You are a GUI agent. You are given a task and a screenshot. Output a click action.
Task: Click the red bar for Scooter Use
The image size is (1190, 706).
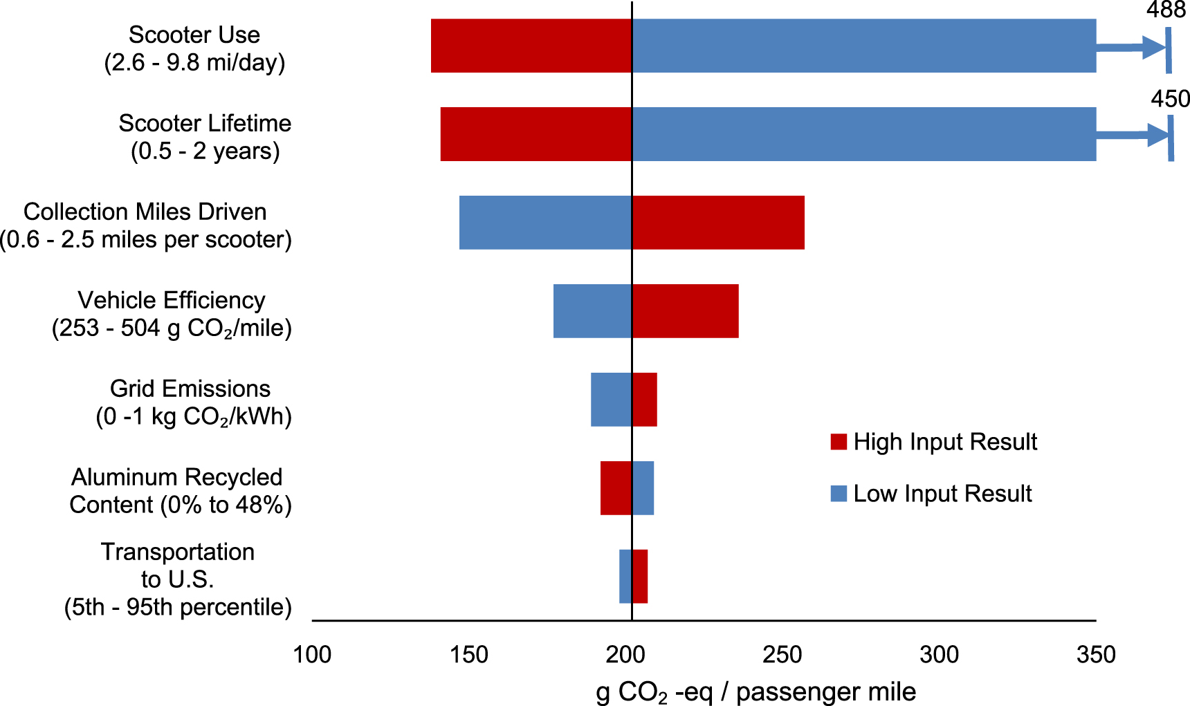click(x=531, y=46)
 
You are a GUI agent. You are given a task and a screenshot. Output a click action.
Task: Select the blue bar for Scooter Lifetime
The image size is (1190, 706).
click(x=863, y=134)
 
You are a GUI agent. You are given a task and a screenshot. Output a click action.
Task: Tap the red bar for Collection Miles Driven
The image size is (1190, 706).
click(x=718, y=223)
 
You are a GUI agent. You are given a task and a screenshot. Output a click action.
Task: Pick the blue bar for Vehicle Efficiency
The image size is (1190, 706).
click(x=592, y=311)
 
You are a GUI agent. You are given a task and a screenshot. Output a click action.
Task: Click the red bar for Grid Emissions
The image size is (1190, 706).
click(x=644, y=400)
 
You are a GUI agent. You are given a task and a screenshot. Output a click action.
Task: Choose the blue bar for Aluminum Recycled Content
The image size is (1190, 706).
click(x=643, y=488)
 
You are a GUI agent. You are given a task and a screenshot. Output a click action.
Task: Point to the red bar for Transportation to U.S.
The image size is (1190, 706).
click(x=640, y=577)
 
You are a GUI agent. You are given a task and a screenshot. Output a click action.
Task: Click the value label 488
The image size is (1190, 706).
click(x=1166, y=10)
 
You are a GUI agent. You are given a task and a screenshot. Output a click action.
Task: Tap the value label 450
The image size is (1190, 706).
click(x=1170, y=99)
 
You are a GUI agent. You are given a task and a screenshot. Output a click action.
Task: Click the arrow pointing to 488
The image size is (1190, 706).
click(x=1132, y=48)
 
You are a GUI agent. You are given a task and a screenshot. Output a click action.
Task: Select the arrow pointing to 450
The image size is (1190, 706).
click(x=1133, y=135)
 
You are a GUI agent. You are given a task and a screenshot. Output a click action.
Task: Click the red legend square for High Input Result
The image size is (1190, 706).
click(x=839, y=442)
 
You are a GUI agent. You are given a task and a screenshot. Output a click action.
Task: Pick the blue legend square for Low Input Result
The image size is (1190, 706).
click(x=839, y=494)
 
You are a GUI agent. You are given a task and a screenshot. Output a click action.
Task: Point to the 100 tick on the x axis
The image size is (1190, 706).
click(x=312, y=654)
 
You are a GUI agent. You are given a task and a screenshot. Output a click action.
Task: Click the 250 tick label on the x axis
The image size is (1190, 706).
click(x=782, y=654)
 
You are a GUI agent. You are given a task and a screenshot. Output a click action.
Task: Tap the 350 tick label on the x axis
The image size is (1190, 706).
click(x=1096, y=654)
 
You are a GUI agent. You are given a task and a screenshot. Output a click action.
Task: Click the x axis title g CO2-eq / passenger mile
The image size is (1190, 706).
click(x=756, y=692)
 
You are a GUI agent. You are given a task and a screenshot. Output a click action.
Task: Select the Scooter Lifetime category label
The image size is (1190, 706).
click(x=205, y=137)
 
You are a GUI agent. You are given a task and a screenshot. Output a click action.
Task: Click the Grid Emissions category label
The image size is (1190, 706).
click(x=193, y=402)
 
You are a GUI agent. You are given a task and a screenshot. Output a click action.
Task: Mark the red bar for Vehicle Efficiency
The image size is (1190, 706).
click(x=685, y=311)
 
